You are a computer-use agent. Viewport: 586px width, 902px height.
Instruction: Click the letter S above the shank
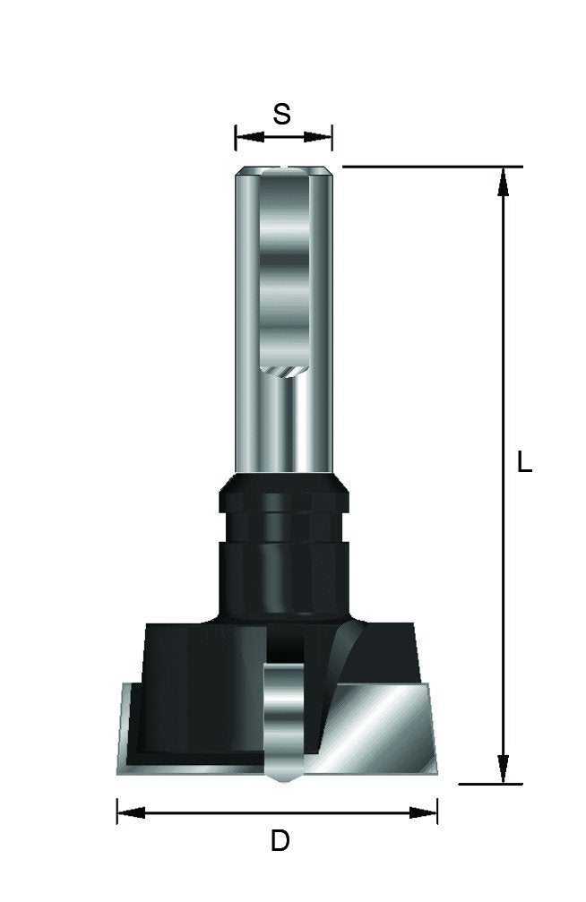(281, 114)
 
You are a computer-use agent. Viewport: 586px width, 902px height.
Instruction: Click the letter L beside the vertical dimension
(524, 462)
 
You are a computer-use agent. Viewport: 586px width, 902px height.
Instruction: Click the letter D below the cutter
(280, 842)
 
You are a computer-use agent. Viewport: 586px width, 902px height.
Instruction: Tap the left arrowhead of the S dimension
(249, 137)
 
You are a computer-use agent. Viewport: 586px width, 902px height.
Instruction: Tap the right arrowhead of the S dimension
(318, 137)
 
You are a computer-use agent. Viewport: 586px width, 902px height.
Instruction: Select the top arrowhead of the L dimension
(503, 182)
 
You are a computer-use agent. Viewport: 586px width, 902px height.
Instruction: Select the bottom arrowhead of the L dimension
(503, 769)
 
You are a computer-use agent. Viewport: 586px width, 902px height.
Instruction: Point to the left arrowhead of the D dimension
(131, 812)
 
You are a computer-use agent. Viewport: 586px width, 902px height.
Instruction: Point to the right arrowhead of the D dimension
(423, 812)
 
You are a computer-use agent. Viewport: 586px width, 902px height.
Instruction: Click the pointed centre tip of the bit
(283, 781)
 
